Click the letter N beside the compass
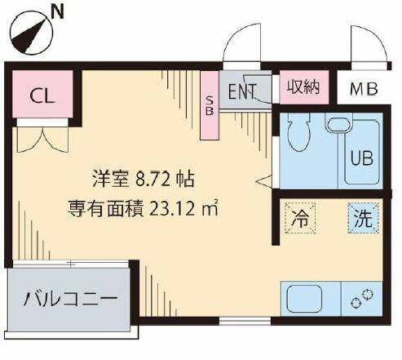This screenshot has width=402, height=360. (x=57, y=12)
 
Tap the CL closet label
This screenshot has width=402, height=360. (x=43, y=96)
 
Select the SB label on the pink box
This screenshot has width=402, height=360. (x=210, y=106)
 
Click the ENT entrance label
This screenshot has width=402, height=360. (x=242, y=91)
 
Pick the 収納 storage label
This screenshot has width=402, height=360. (x=304, y=87)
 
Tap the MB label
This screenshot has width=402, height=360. (x=364, y=89)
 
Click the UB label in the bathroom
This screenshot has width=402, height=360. (x=362, y=158)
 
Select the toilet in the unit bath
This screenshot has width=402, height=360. (x=299, y=131)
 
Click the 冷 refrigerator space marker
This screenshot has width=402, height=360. (x=300, y=218)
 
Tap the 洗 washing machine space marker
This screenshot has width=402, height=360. (x=364, y=218)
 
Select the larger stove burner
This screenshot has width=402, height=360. (x=368, y=295)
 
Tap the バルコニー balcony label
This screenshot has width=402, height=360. (x=70, y=300)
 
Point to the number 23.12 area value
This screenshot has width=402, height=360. (x=172, y=209)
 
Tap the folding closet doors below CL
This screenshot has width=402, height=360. (x=42, y=140)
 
